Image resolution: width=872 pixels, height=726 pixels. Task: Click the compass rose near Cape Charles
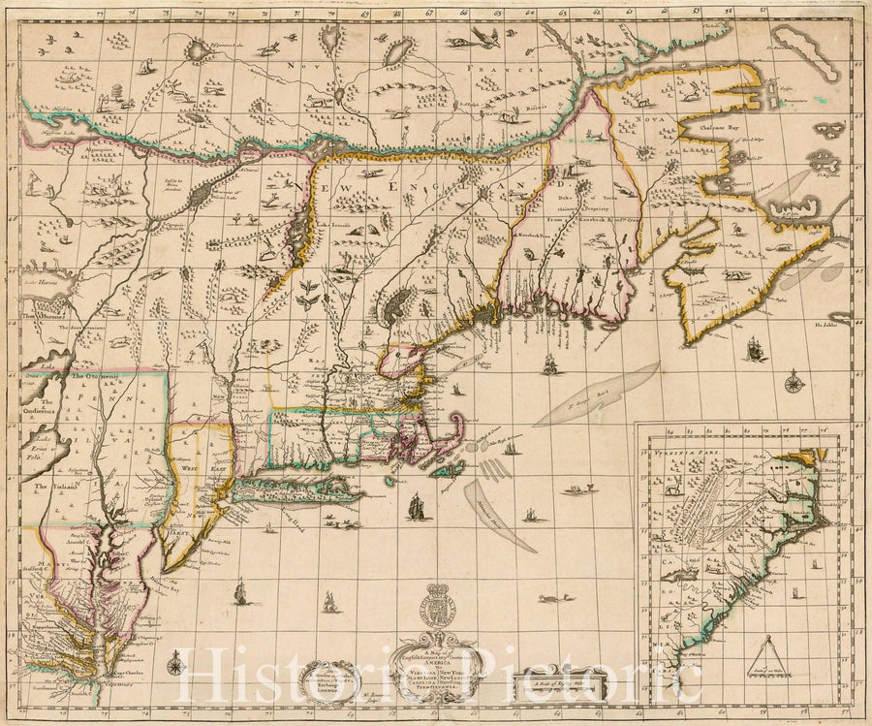pyautogui.click(x=174, y=665)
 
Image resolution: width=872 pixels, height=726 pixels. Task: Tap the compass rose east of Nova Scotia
pyautogui.click(x=794, y=381)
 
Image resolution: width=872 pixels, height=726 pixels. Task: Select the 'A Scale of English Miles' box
pyautogui.click(x=567, y=686)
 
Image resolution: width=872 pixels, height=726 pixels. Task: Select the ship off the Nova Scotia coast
pyautogui.click(x=755, y=347)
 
